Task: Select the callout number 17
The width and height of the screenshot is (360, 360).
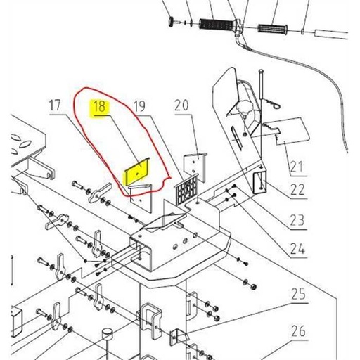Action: click(56, 107)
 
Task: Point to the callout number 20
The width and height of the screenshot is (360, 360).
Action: click(181, 106)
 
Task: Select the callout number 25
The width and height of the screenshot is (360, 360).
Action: click(297, 293)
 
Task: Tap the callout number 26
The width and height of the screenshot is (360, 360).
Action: click(297, 330)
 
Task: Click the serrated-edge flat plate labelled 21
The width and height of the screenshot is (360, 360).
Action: click(288, 131)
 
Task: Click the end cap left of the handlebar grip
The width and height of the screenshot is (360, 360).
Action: click(173, 22)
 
